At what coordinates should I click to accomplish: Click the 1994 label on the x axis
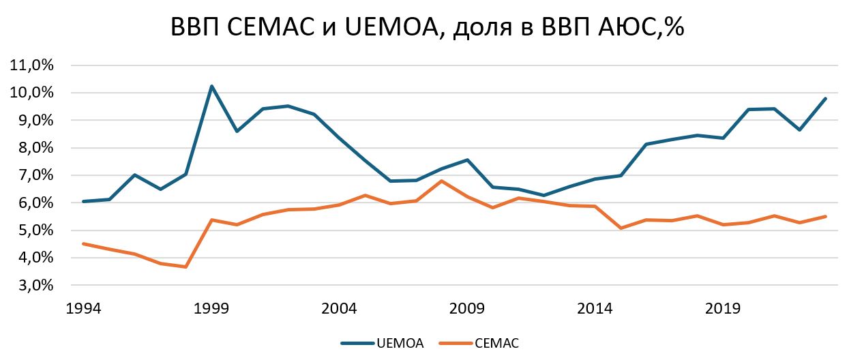tap(83, 309)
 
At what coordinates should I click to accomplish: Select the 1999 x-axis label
tap(211, 309)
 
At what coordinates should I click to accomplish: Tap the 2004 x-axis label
tap(339, 309)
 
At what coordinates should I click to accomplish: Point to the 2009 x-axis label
tap(467, 309)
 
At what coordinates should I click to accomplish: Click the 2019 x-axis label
tap(723, 309)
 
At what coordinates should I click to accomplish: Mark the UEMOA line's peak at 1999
tap(211, 86)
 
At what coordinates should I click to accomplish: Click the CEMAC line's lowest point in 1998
tap(185, 267)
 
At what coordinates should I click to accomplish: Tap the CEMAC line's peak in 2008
tap(442, 181)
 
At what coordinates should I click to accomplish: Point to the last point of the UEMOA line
tap(826, 98)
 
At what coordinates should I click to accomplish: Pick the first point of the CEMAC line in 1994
tap(83, 243)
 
